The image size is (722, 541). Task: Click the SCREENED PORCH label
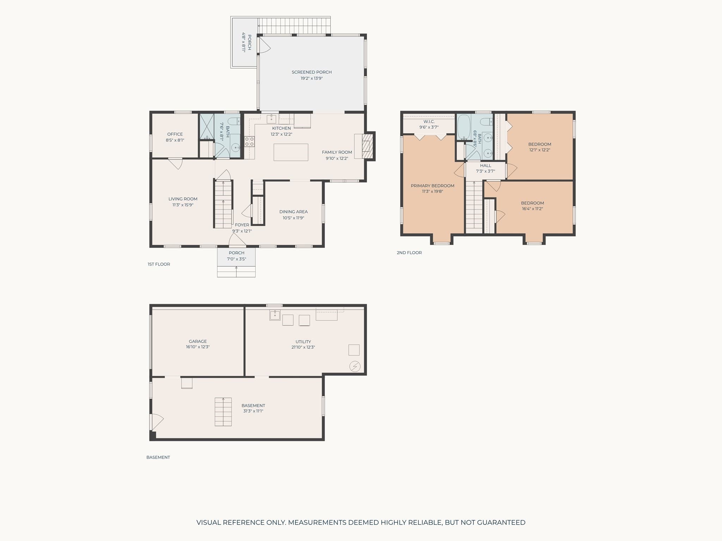coord(312,72)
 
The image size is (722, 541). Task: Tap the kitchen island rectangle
coord(291,152)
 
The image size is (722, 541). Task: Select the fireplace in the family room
coord(367,146)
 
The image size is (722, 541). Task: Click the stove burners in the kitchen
coord(249,142)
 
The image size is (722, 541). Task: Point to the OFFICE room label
coord(175,134)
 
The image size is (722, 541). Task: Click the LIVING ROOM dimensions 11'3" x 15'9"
coord(183,205)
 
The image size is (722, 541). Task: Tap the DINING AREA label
coord(294,212)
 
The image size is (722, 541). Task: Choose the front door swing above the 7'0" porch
coord(237,240)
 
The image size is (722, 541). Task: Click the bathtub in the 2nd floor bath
coord(464,127)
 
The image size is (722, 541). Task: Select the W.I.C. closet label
coord(429,122)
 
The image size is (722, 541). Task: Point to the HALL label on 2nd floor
coord(485,166)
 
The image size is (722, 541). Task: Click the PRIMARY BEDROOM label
coord(433,186)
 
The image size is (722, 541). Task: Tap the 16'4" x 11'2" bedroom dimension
coord(532,209)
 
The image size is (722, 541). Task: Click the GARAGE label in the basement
coord(198,341)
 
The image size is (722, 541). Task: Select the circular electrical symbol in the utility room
coord(355,367)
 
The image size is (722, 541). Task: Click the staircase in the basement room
coord(223,412)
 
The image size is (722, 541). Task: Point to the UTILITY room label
coord(303,342)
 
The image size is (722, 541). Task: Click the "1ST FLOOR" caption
coord(159,264)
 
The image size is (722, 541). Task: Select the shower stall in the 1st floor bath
coord(207,126)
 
